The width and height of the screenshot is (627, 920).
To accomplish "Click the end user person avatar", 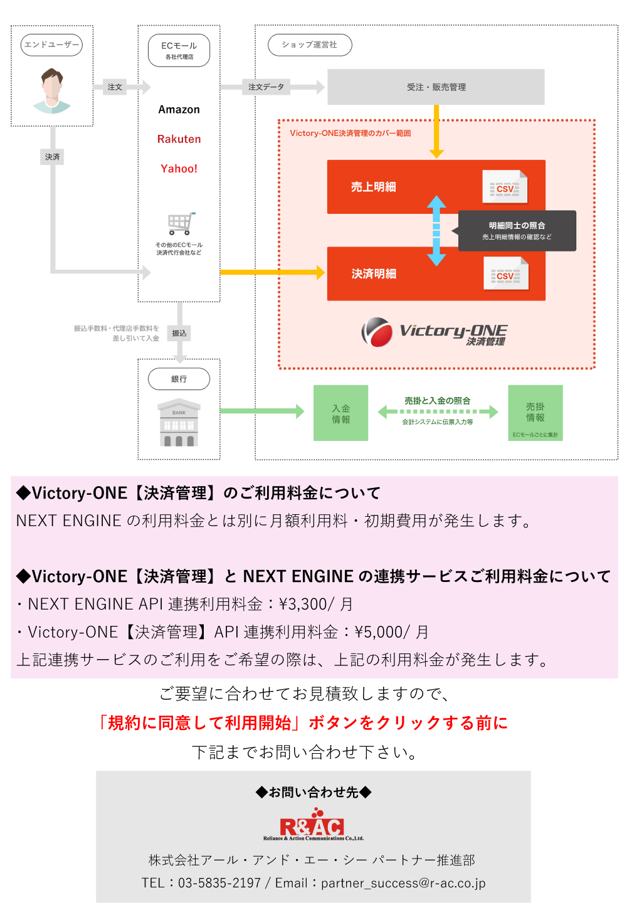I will point(52,91).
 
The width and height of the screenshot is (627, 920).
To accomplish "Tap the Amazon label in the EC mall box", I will point(179,110).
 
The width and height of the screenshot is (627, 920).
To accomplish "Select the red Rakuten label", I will point(179,139).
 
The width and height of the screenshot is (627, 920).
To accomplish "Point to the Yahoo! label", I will point(179,169).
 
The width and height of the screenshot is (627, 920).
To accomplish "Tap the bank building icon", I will point(179,423).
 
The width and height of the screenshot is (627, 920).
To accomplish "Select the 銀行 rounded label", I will point(179,379).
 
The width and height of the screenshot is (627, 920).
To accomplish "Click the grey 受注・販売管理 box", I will point(436,87).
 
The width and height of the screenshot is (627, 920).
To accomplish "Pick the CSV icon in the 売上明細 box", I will point(505,187).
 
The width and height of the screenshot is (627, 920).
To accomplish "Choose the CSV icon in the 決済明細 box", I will point(505,275).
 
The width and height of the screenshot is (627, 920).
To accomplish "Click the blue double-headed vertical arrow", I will point(436,230).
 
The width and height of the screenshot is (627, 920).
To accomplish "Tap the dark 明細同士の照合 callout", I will point(517,231).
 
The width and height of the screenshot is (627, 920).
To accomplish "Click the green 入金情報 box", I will point(340,413).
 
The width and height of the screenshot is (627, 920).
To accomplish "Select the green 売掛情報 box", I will point(535,413).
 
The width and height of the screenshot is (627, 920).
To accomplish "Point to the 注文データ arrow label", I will point(266,87).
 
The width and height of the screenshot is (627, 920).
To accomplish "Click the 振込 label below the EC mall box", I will point(179,333).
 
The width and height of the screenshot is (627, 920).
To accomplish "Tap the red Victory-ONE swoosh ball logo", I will point(377,332).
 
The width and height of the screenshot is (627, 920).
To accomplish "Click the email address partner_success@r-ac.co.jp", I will point(403,883).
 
